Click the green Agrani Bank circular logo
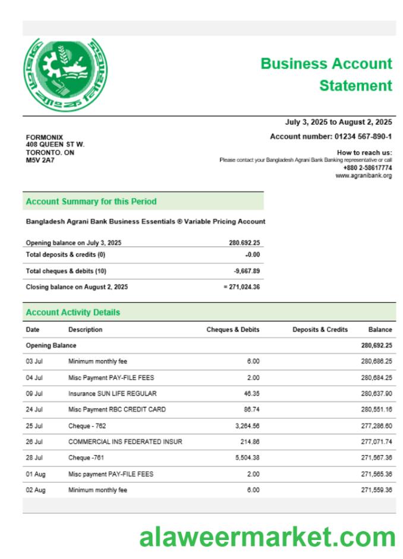pyautogui.click(x=65, y=74)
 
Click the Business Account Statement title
pyautogui.click(x=326, y=74)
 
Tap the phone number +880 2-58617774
pyautogui.click(x=367, y=168)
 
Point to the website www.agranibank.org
pyautogui.click(x=364, y=176)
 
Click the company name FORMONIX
pyautogui.click(x=45, y=137)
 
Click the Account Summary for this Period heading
pyautogui.click(x=91, y=201)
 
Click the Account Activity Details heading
pyautogui.click(x=73, y=312)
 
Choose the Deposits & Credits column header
pyautogui.click(x=320, y=330)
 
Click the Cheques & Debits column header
pyautogui.click(x=233, y=330)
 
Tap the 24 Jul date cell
pyautogui.click(x=34, y=409)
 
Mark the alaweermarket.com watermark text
pyautogui.click(x=267, y=537)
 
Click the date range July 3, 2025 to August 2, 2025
pyautogui.click(x=339, y=122)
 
